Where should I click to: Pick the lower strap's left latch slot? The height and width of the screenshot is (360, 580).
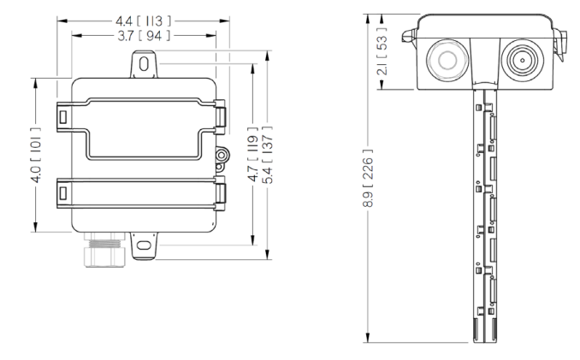(64, 192)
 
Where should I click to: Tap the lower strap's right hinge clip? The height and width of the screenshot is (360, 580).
(219, 193)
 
